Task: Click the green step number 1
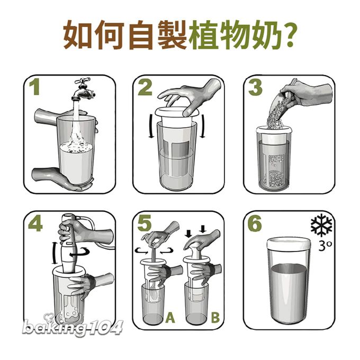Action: [x=34, y=87]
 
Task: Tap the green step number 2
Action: [x=145, y=87]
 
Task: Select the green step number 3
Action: [x=255, y=87]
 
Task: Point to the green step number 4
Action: [x=35, y=223]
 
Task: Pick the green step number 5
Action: [x=145, y=223]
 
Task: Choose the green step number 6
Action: [x=255, y=223]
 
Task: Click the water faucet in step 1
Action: [x=83, y=90]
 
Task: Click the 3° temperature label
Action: [x=325, y=245]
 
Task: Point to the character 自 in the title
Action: [x=141, y=34]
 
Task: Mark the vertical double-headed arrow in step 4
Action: [x=54, y=253]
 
